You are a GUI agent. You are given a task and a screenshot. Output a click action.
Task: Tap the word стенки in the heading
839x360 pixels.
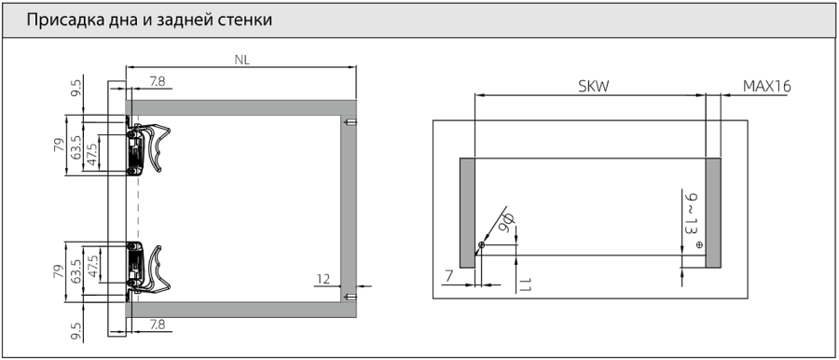click(x=245, y=20)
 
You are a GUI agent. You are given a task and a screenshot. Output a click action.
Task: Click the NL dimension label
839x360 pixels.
click(x=242, y=60)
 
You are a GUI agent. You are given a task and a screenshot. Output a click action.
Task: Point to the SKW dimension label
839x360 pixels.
click(x=593, y=87)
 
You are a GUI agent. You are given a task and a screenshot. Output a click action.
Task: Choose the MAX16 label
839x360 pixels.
click(x=766, y=87)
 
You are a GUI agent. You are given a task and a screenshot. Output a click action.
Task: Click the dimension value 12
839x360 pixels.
click(x=322, y=278)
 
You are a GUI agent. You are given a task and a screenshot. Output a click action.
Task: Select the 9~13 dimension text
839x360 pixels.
click(x=690, y=215)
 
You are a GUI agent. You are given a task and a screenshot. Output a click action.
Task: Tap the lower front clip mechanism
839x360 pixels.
click(x=147, y=265)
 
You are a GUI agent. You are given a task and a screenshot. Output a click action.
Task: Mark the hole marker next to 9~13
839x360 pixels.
click(x=699, y=244)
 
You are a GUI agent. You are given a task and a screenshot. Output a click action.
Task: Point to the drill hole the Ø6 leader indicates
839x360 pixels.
click(x=480, y=245)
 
